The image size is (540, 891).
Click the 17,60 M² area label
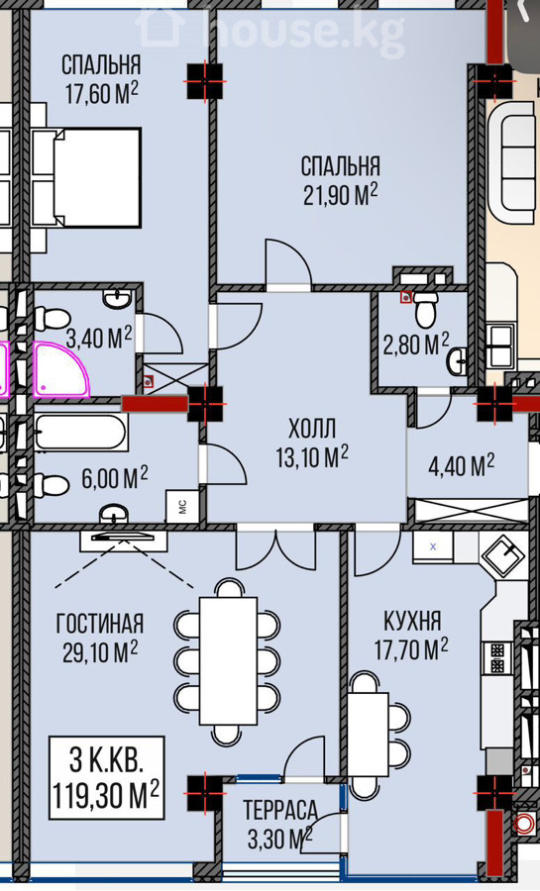click(x=102, y=93)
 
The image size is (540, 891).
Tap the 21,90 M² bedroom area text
click(x=341, y=195)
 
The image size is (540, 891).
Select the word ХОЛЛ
click(x=312, y=429)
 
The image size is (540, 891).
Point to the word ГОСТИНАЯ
click(x=99, y=624)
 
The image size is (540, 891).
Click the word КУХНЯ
click(x=412, y=621)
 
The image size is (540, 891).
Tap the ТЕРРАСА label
click(x=280, y=810)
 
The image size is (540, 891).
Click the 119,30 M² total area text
click(x=106, y=794)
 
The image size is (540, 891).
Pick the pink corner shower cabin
click(x=61, y=369)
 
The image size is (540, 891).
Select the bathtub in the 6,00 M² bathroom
click(x=80, y=433)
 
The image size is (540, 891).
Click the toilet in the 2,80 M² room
click(x=425, y=309)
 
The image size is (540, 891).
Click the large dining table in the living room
click(x=228, y=660)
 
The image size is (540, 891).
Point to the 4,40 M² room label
click(x=461, y=465)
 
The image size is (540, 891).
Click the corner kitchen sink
click(x=503, y=554)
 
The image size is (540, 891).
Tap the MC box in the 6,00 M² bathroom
click(x=183, y=506)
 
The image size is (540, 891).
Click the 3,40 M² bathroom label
click(x=99, y=339)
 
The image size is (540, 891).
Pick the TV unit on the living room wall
click(x=123, y=541)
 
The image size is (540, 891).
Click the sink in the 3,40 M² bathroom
click(x=118, y=298)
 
